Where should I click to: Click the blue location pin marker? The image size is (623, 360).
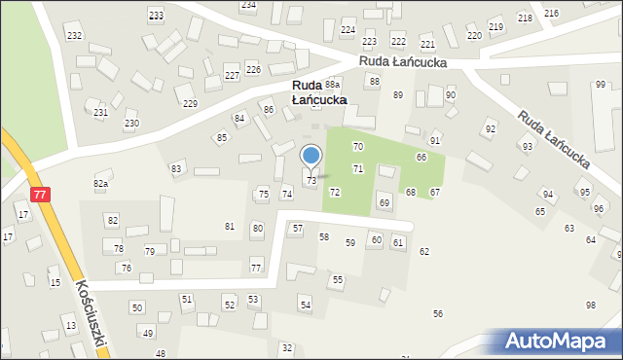pyautogui.click(x=311, y=156)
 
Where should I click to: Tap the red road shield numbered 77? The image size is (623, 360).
pyautogui.click(x=39, y=195)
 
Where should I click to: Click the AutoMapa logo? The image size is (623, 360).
pyautogui.click(x=559, y=342)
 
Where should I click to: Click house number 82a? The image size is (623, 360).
pyautogui.click(x=100, y=183)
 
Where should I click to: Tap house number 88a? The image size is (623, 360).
pyautogui.click(x=333, y=85)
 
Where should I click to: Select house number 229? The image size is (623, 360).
pyautogui.click(x=190, y=104)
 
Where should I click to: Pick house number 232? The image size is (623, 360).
pyautogui.click(x=74, y=35)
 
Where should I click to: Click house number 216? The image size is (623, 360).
pyautogui.click(x=551, y=13)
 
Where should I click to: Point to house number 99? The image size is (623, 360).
pyautogui.click(x=600, y=85)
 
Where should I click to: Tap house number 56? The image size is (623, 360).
pyautogui.click(x=438, y=313)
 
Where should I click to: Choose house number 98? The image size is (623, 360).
pyautogui.click(x=591, y=306)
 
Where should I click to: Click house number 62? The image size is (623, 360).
pyautogui.click(x=424, y=252)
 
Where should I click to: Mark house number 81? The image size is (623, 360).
pyautogui.click(x=230, y=227)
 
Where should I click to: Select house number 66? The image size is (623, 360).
pyautogui.click(x=421, y=157)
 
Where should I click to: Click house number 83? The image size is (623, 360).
pyautogui.click(x=176, y=168)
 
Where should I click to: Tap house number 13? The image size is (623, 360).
pyautogui.click(x=70, y=324)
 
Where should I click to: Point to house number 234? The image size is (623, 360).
pyautogui.click(x=249, y=5)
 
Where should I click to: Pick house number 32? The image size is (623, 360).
pyautogui.click(x=286, y=347)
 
